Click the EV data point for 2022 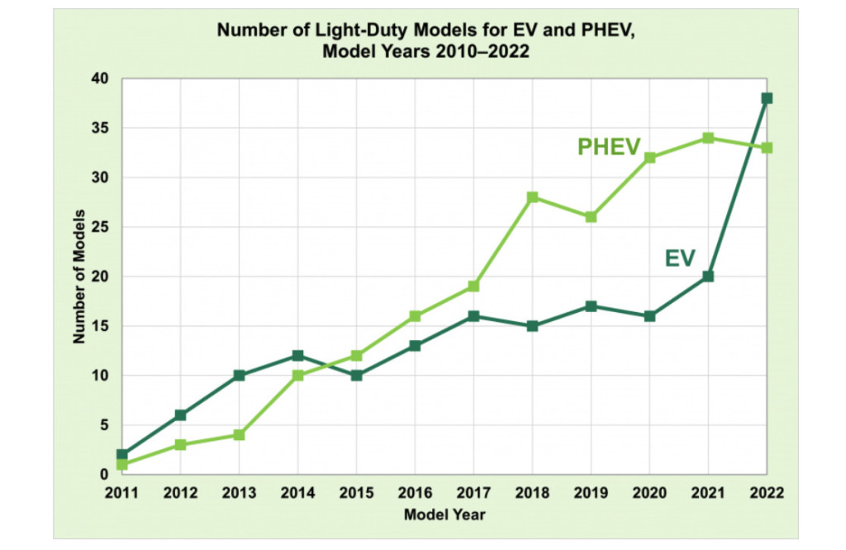767,98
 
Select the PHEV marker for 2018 532,197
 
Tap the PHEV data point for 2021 708,138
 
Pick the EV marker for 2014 297,356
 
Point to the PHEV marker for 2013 239,435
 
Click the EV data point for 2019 591,306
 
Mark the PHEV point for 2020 649,158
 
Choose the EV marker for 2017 473,316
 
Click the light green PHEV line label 609,147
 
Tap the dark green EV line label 681,258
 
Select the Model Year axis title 444,515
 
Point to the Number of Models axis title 80,277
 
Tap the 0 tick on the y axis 105,475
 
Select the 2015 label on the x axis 356,494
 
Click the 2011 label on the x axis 122,494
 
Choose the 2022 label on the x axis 766,494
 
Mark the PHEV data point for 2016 415,316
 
